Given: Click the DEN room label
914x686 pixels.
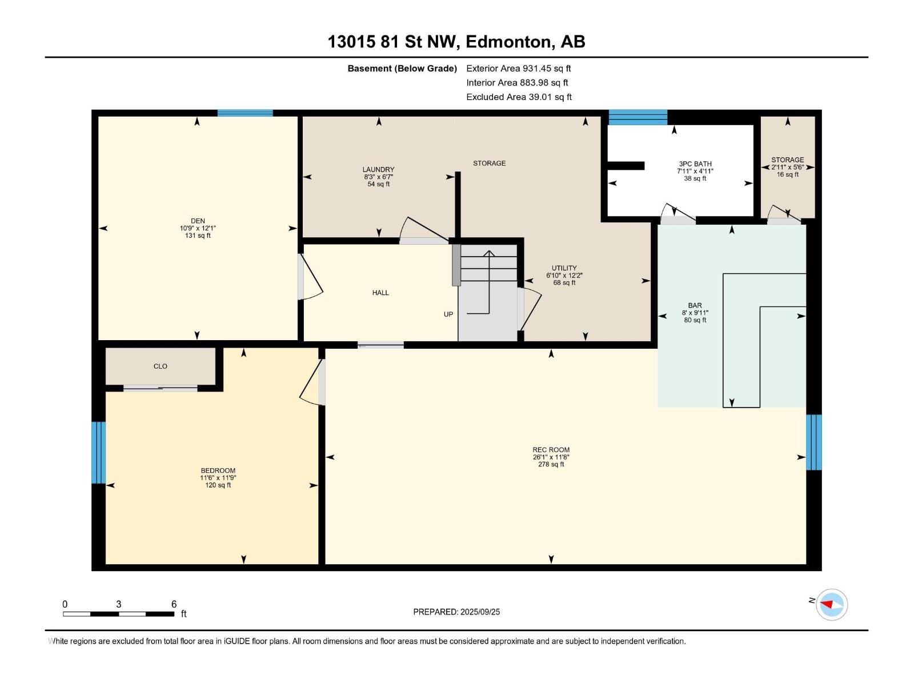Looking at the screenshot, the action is [x=198, y=221].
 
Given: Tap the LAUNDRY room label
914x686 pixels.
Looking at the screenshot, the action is [x=378, y=170].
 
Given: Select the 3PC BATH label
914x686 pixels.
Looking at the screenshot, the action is [x=695, y=163].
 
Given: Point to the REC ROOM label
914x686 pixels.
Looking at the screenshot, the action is [x=551, y=449].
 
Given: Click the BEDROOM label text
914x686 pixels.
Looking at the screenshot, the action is [x=218, y=470].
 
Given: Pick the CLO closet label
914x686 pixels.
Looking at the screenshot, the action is [x=161, y=366].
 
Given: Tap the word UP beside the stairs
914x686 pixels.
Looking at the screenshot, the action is [x=448, y=314].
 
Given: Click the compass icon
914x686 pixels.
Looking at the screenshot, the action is [x=832, y=604].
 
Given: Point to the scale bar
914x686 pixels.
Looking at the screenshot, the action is [x=119, y=613].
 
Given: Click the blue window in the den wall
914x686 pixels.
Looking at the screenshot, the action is [x=245, y=113].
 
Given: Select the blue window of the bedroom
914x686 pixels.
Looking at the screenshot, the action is [x=99, y=453].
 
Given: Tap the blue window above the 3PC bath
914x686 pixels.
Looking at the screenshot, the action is [x=638, y=117].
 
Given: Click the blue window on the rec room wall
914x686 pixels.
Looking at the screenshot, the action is [x=814, y=442].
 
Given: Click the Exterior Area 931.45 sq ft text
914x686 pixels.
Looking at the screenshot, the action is [x=519, y=68].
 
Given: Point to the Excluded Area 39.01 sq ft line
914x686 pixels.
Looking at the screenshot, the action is [x=519, y=97].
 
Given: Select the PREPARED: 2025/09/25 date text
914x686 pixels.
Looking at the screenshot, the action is [x=456, y=612].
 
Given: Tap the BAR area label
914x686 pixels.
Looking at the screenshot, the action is [x=695, y=305].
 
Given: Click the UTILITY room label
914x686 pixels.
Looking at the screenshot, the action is [x=564, y=268].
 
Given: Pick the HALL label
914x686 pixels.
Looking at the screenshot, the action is [x=380, y=293].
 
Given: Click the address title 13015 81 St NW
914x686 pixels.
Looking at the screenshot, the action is [x=392, y=42].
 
